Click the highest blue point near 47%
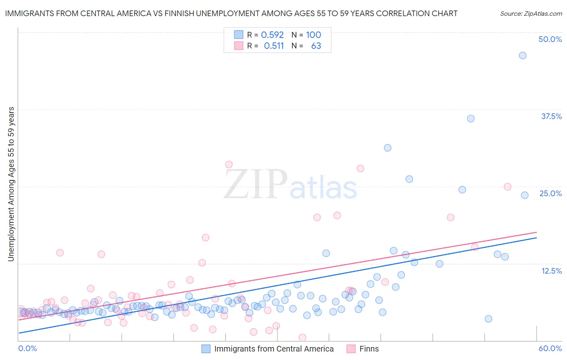click(x=523, y=56)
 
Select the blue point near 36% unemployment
click(x=471, y=119)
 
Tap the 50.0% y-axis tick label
click(x=550, y=39)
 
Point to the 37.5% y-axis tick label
click(x=551, y=116)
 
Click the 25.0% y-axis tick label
click(x=550, y=193)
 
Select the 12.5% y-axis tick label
click(x=551, y=271)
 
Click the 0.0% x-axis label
click(x=27, y=348)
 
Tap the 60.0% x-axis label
click(x=550, y=348)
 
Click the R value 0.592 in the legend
click(x=272, y=35)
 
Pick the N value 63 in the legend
click(x=316, y=46)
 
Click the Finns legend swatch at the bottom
click(x=351, y=349)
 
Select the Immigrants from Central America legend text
click(x=274, y=349)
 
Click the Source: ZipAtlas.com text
click(x=531, y=14)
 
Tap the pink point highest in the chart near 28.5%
click(x=229, y=164)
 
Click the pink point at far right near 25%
click(x=507, y=187)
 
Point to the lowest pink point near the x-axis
click(x=302, y=337)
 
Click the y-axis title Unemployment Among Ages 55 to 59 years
click(x=11, y=184)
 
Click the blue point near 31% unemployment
click(x=388, y=148)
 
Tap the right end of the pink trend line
click(x=536, y=232)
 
